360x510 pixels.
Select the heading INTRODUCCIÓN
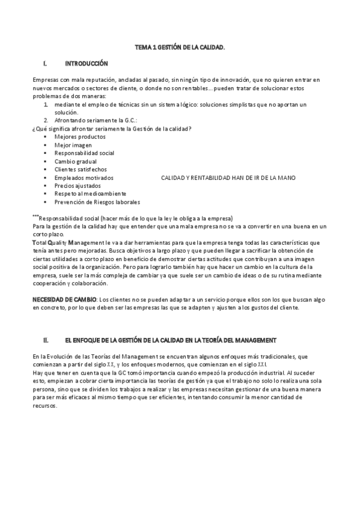pos(86,62)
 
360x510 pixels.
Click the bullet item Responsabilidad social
pos(84,153)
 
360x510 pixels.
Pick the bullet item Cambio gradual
pos(75,161)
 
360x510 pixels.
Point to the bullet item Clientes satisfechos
pos(81,170)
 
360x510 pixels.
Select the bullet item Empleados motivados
pos(84,178)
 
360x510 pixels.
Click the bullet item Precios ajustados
pos(76,186)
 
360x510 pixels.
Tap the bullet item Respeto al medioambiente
pos(90,194)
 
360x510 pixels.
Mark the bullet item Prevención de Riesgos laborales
pos(97,202)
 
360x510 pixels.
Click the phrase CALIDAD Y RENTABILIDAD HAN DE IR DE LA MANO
pos(228,178)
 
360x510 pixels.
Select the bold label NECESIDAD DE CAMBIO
pos(63,299)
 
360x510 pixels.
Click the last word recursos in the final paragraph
pos(44,405)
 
